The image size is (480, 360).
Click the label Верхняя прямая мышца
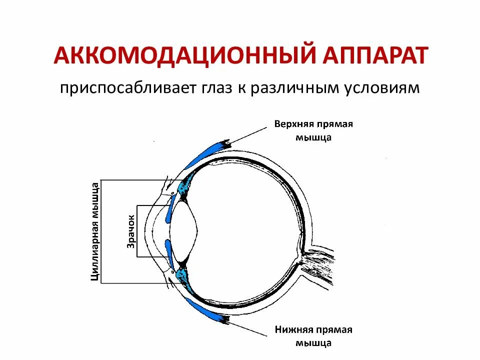click(x=313, y=130)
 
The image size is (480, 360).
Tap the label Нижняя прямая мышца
click(x=313, y=336)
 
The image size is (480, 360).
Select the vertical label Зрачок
click(x=131, y=231)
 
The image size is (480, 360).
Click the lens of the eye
click(x=183, y=231)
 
